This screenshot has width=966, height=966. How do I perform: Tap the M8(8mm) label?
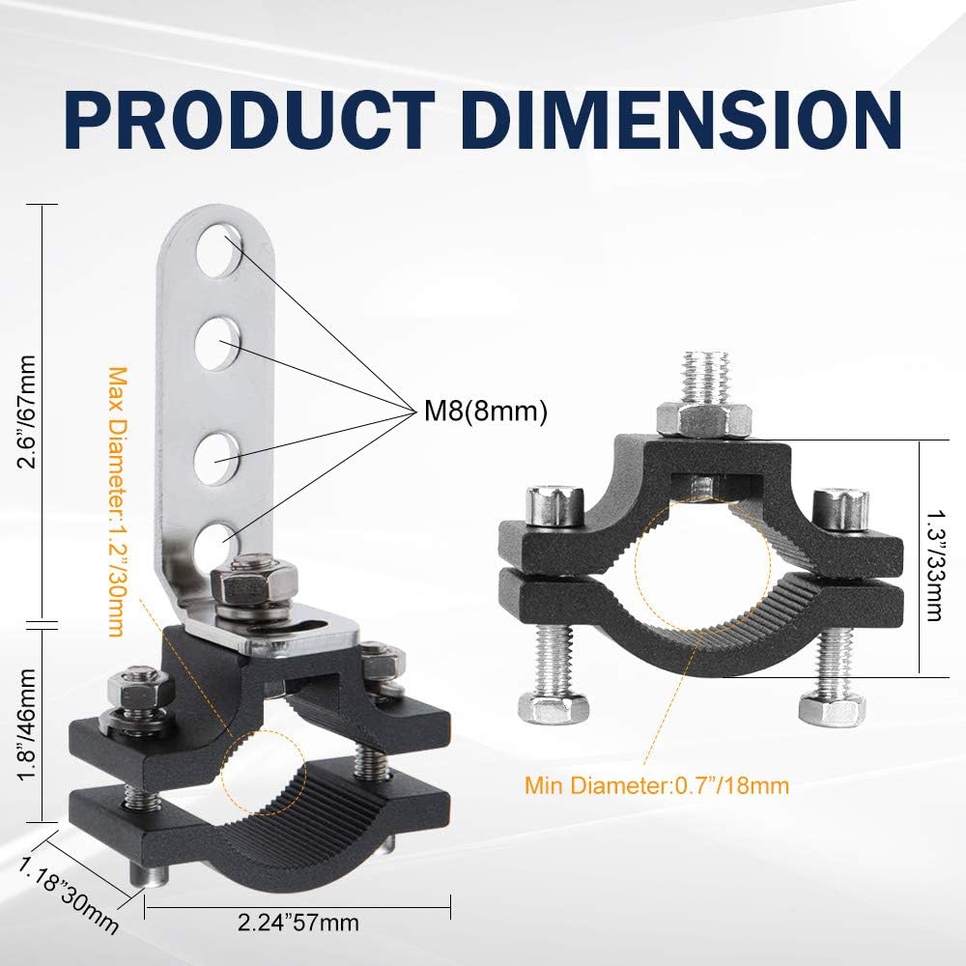click(x=486, y=412)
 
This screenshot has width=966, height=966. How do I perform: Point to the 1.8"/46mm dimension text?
click(x=28, y=721)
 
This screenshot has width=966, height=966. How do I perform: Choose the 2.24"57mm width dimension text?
click(x=298, y=923)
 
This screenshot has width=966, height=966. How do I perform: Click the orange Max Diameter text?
click(x=115, y=501)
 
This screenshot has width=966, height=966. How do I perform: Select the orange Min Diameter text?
click(x=657, y=784)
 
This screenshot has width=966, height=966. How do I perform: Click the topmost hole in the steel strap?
click(x=219, y=250)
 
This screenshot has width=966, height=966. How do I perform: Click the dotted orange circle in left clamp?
click(x=262, y=768)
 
